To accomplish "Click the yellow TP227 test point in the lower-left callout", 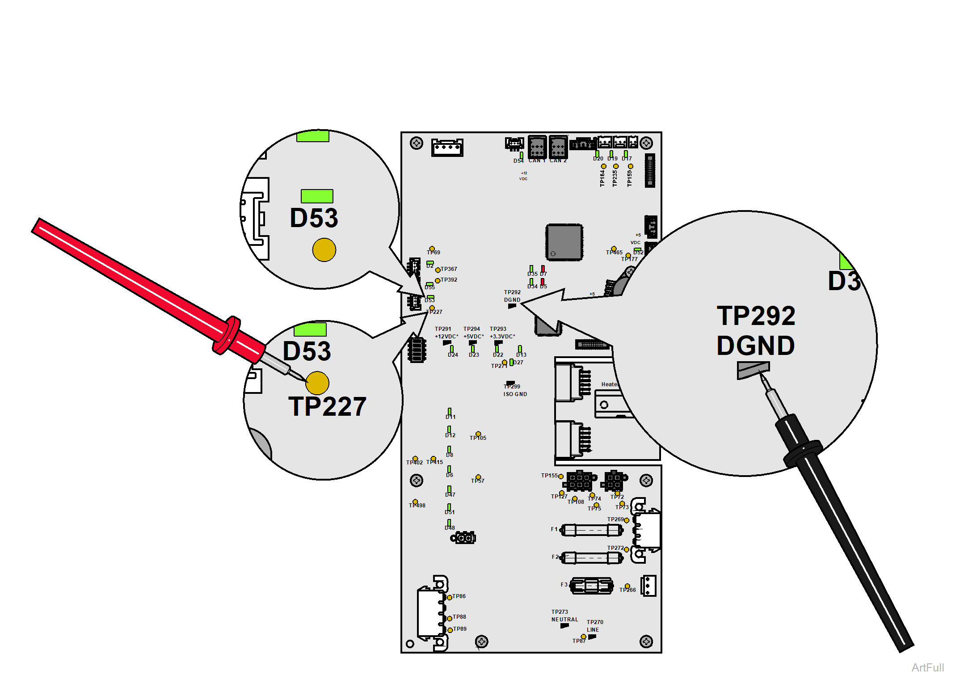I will click(317, 383).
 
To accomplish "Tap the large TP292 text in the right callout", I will click(756, 316).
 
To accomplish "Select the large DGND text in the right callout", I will click(756, 346).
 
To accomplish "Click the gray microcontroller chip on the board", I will click(564, 242).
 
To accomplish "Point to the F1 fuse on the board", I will click(592, 530).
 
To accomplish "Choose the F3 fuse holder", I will click(591, 586).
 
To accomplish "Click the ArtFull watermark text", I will click(928, 667).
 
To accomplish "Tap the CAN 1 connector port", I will click(537, 146).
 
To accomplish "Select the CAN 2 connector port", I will click(558, 146).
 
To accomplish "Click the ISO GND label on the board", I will click(515, 394).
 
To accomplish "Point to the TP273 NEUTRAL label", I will click(564, 616).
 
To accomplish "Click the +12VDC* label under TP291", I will click(446, 337).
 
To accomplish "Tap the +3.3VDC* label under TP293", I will click(502, 337).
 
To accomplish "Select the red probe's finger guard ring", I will click(227, 335).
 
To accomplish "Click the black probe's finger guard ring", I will click(803, 452).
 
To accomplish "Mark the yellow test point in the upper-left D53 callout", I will click(324, 250).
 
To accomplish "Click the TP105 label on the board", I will click(478, 438).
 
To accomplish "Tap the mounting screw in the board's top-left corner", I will click(417, 143).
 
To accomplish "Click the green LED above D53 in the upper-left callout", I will click(317, 196).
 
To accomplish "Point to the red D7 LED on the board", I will click(543, 269).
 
